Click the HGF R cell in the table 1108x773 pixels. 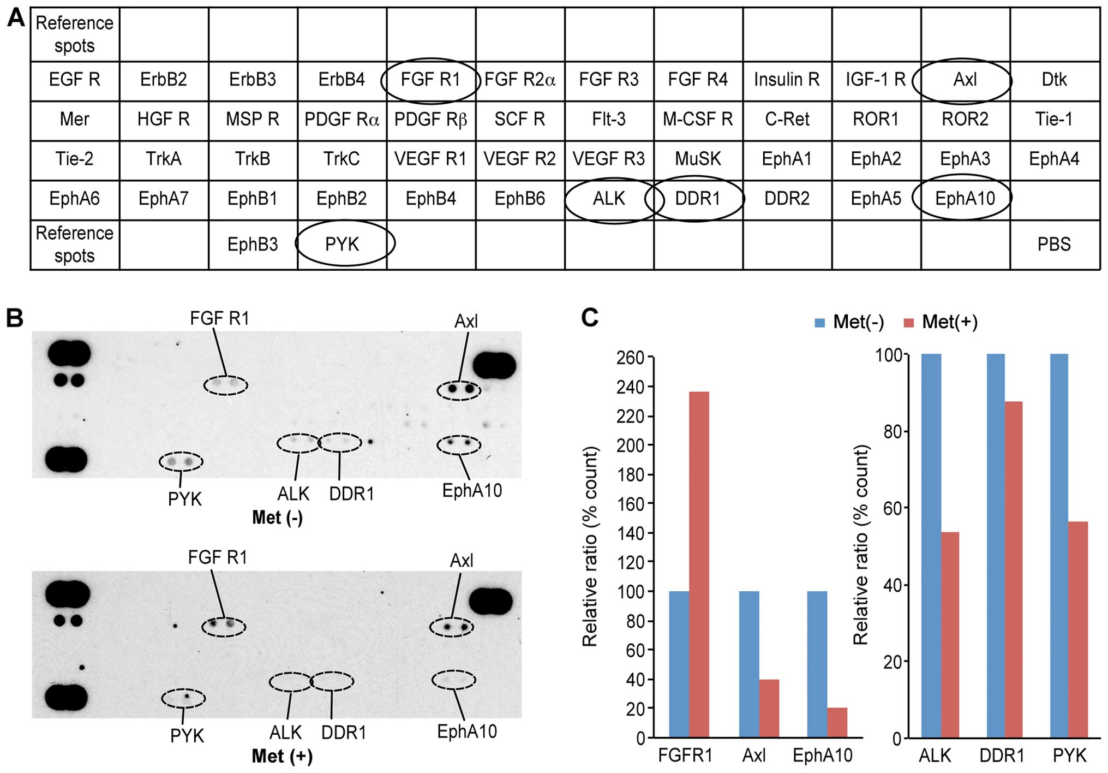163,120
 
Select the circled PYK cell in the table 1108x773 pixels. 343,244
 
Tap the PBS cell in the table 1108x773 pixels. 1053,244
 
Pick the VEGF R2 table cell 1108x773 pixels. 519,159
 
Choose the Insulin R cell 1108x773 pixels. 786,80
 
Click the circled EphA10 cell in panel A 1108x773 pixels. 965,198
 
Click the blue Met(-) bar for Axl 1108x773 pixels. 748,664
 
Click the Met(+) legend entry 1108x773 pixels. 941,322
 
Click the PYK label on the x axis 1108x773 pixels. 1069,756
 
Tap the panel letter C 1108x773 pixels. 590,317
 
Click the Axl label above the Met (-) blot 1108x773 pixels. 466,321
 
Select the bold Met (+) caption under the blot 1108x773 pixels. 282,756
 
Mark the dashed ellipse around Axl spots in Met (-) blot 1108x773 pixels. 459,390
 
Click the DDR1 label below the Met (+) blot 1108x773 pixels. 343,733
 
